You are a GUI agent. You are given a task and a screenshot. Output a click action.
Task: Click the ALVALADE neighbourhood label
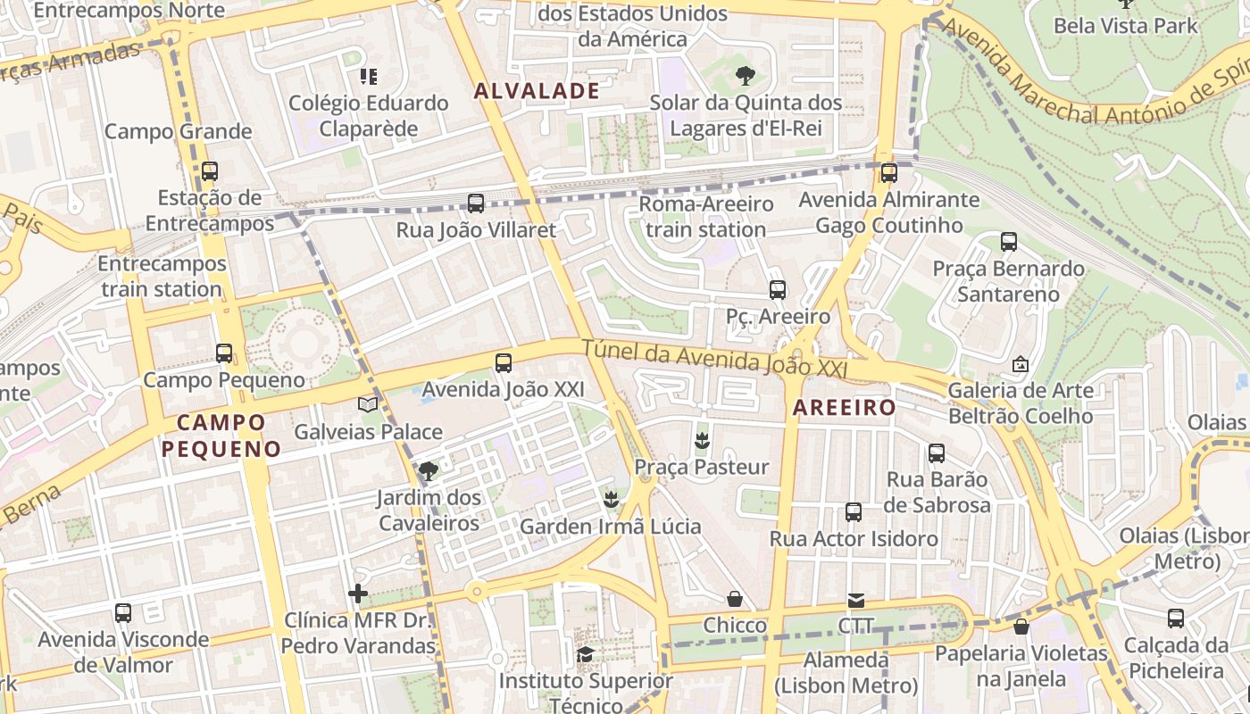coord(537,90)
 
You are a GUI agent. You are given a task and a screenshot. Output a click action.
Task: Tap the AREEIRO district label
coord(844,408)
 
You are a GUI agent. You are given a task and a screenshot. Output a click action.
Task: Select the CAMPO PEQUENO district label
coord(221,436)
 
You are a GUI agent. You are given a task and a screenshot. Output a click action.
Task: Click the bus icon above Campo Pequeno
coord(224,353)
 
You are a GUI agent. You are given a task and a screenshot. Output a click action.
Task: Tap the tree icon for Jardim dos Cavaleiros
coord(429,470)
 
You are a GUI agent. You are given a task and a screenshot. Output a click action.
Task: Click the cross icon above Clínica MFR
coord(358,594)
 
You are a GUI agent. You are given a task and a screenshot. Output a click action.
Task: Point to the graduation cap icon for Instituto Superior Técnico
coord(585,655)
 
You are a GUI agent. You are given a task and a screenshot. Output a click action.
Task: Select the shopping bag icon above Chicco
coord(735,599)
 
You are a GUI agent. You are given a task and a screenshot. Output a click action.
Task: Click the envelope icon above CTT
coord(856,600)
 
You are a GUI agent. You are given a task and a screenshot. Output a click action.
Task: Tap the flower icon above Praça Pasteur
coord(702,440)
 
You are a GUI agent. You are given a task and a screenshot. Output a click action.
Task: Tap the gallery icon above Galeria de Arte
coord(1021,364)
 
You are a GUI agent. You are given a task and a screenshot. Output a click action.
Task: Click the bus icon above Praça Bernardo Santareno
coord(1009,242)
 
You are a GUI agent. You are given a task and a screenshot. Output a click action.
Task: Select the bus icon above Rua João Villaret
coord(476,203)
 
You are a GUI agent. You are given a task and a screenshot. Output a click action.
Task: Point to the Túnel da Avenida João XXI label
coord(714,360)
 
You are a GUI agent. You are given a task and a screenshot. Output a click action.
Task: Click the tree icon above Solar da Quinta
coord(745,76)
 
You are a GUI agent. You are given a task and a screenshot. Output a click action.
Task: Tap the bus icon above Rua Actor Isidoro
coord(854,512)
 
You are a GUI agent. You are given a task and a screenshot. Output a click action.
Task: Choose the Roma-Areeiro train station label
coord(706,217)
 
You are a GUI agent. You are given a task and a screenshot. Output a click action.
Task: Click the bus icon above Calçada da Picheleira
coord(1176,619)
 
